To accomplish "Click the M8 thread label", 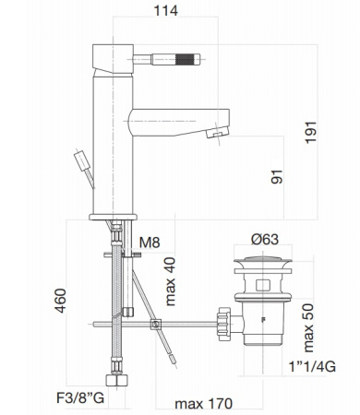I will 150,244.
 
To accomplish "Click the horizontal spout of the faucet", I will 175,118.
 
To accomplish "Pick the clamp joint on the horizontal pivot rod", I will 156,324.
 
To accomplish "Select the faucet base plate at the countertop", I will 113,218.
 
